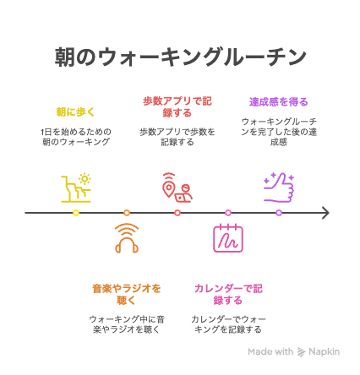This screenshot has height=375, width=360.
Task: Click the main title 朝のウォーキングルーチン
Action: [x=180, y=57]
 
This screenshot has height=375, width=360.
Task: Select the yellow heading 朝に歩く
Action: [x=75, y=112]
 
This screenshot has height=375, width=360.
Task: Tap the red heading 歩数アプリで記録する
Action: [x=177, y=107]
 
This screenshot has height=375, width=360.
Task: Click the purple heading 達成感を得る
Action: [x=279, y=101]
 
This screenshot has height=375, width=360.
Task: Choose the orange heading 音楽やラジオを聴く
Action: [x=127, y=294]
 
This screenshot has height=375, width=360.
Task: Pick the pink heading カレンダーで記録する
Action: [x=228, y=294]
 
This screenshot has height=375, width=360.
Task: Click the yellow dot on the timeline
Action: [x=76, y=213]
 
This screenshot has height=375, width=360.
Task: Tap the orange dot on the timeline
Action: [x=127, y=213]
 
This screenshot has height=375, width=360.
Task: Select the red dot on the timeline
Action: [x=177, y=213]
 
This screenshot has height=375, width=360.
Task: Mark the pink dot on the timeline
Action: [x=228, y=213]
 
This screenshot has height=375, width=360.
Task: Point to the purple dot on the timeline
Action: [x=279, y=213]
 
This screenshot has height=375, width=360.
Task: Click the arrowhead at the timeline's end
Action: [x=329, y=213]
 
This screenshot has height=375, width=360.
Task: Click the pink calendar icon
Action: [x=228, y=239]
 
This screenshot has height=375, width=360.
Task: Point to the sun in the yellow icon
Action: [x=85, y=179]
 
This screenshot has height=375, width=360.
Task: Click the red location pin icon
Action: [x=169, y=186]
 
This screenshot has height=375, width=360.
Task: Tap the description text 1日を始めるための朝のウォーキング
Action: [x=76, y=137]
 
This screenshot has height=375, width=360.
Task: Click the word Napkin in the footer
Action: [x=324, y=351]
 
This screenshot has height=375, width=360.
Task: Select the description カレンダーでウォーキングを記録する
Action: [x=228, y=324]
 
